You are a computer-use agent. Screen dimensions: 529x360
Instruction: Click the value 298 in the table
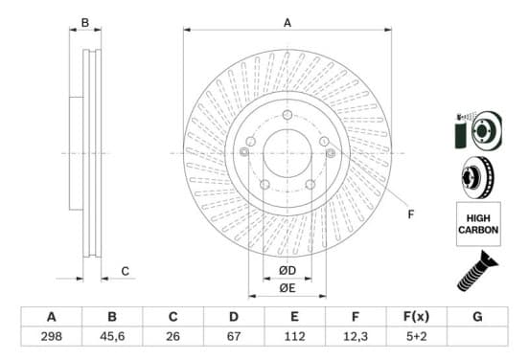click(52, 336)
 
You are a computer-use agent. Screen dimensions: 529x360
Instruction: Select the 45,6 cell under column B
click(112, 336)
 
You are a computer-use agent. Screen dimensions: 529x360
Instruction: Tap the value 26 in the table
click(172, 336)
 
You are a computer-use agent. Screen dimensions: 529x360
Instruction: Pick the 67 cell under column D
click(234, 336)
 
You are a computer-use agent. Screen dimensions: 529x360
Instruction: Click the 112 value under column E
click(294, 336)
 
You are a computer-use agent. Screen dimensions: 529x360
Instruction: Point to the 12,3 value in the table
click(356, 336)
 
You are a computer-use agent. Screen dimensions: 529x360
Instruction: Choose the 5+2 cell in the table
click(416, 336)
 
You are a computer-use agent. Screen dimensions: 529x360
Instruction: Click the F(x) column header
click(416, 317)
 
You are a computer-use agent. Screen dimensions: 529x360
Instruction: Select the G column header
click(477, 317)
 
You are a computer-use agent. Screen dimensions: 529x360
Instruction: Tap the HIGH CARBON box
click(478, 224)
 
